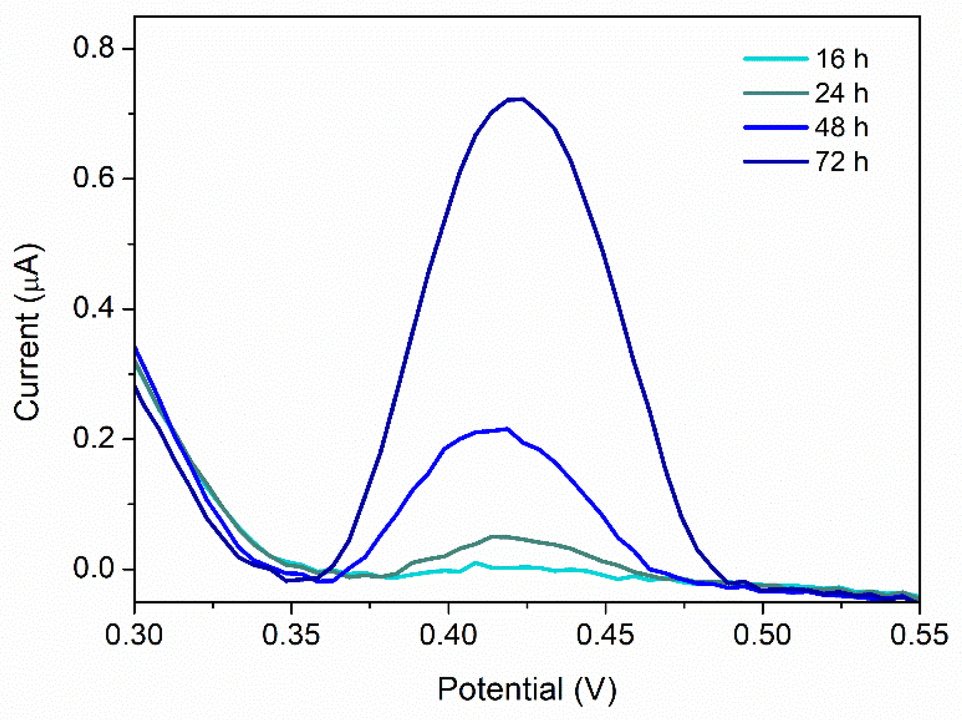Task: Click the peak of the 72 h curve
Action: (516, 99)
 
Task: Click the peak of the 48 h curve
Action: (506, 429)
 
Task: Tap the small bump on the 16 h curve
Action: (476, 563)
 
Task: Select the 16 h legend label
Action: (841, 59)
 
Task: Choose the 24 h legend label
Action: (841, 94)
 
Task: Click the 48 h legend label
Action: (841, 128)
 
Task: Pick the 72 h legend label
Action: (841, 162)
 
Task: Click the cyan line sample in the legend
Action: (776, 59)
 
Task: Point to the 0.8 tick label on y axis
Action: (93, 48)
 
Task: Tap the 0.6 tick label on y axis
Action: (93, 178)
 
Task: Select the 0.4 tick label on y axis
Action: (93, 309)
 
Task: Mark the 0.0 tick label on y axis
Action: (93, 569)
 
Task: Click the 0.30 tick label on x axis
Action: (134, 635)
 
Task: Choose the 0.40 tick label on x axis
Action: (448, 635)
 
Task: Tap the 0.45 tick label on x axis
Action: (606, 635)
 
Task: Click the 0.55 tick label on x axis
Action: (919, 635)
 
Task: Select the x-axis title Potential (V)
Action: (527, 690)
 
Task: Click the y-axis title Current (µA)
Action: (27, 332)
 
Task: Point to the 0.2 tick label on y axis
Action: (93, 438)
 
